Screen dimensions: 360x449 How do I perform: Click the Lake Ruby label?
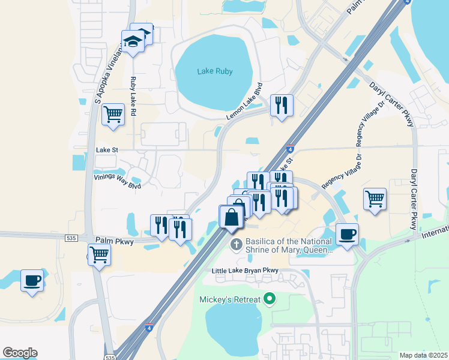coord(215,71)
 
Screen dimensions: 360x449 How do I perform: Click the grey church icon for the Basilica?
coord(236,245)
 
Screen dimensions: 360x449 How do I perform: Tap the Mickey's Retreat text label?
coord(231,299)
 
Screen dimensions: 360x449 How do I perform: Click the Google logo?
coord(20,352)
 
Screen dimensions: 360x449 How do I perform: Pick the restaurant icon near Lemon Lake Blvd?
coord(280,106)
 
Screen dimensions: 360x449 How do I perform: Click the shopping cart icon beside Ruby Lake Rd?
coord(113,113)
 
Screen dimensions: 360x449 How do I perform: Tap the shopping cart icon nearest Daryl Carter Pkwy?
coord(375,198)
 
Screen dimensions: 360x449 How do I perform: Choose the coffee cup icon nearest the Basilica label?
coord(347,234)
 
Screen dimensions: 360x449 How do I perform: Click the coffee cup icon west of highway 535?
coord(32,280)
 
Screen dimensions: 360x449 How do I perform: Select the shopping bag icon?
coord(231,217)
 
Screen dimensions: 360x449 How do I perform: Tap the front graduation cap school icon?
coord(132,41)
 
